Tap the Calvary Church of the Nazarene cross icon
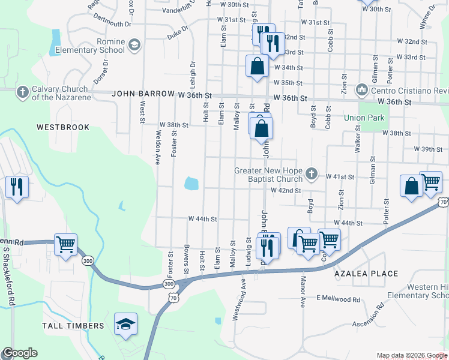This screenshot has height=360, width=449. point(23,92)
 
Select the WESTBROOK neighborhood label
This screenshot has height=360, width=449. point(63,127)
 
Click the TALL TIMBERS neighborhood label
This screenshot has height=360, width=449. point(73,326)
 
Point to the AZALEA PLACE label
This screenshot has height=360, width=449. point(366,274)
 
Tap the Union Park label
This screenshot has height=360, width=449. point(364,118)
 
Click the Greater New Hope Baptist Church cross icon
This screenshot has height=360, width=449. point(311,174)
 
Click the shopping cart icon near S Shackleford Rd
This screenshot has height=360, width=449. point(65,244)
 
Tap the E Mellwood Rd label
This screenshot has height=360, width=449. point(338,299)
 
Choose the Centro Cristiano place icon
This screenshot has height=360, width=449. point(362,90)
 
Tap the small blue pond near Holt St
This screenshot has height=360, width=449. point(191,183)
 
